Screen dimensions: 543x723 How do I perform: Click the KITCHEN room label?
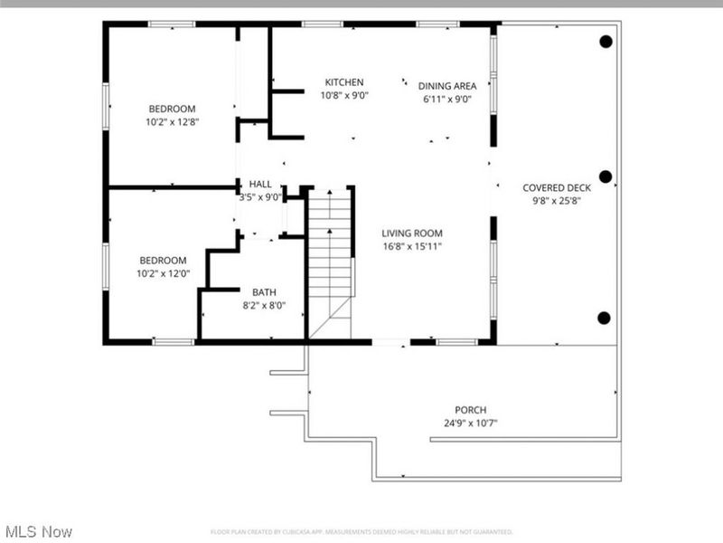(344, 82)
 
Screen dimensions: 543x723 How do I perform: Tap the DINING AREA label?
(446, 87)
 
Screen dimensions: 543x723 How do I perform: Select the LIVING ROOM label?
(411, 233)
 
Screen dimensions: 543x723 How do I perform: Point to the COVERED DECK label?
(557, 188)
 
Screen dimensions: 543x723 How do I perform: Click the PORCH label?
(471, 409)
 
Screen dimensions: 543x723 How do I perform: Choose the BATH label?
(264, 292)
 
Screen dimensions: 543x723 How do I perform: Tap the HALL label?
(260, 184)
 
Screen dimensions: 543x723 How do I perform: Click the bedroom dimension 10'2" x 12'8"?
(172, 121)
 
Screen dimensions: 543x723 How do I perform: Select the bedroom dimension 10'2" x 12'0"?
(162, 273)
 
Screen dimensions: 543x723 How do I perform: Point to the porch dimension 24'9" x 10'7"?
(471, 423)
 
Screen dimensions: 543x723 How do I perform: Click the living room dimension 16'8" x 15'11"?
(411, 246)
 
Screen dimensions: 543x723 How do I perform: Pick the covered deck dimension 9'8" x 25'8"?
(557, 202)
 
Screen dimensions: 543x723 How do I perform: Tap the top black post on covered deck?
(606, 41)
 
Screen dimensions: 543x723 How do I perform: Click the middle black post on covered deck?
(606, 176)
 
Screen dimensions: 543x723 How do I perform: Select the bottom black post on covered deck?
(605, 317)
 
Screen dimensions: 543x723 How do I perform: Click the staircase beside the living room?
(330, 253)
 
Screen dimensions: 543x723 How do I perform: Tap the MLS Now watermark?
(38, 531)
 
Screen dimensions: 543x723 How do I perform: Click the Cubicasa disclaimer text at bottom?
(361, 532)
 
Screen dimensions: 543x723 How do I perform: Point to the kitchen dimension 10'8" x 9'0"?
(344, 95)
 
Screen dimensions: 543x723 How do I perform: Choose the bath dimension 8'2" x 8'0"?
(264, 306)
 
